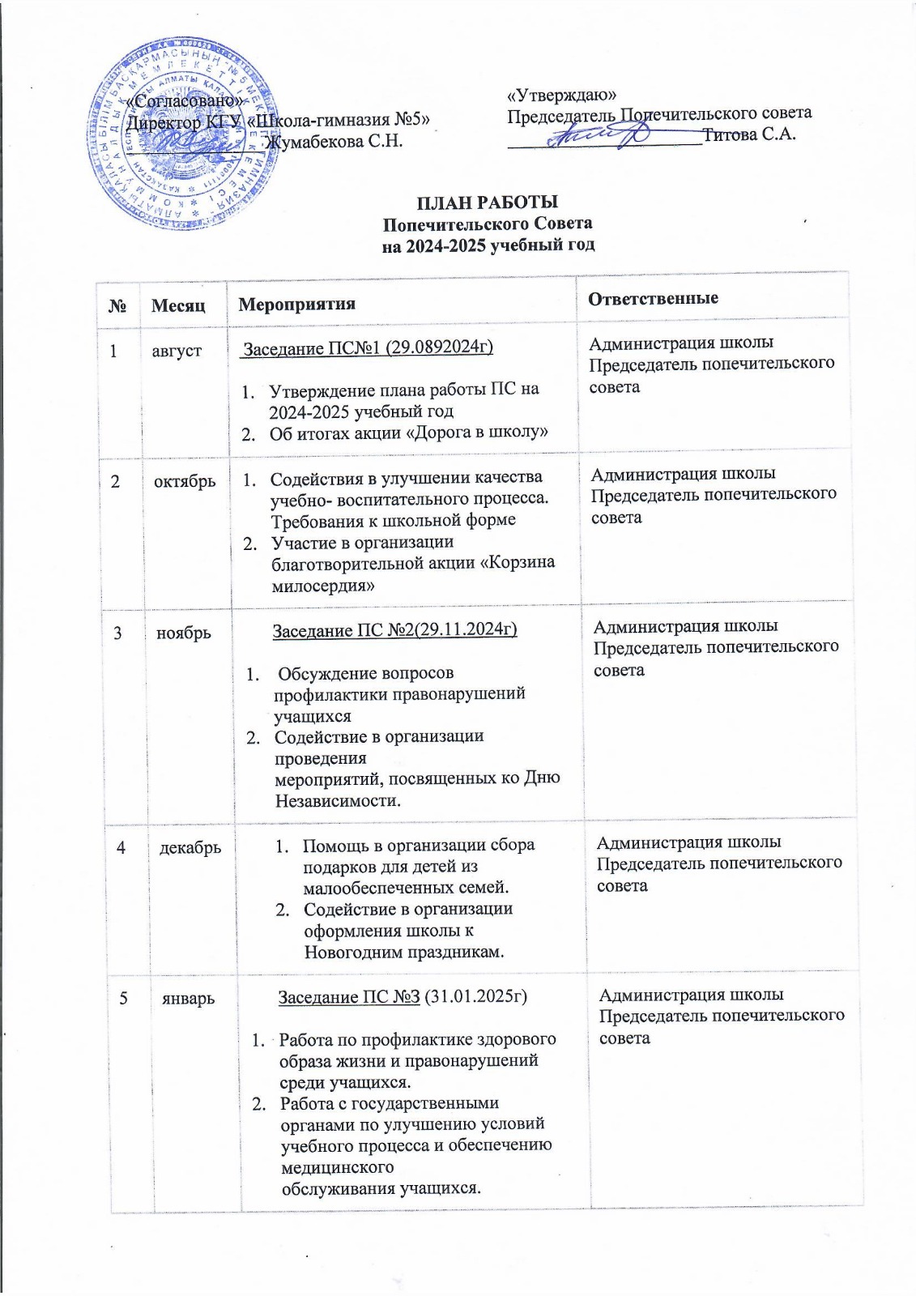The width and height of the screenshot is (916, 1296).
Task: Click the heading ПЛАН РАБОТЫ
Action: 488,202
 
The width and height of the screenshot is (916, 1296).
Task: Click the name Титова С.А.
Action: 749,134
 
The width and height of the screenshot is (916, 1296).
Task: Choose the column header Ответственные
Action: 654,298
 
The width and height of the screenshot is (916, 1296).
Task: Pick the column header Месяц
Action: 178,305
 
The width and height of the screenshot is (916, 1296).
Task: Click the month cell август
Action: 177,351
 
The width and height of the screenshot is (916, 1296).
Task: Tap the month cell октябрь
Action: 185,480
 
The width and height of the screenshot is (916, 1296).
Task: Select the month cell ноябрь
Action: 184,633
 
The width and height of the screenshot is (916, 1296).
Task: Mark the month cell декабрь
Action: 190,847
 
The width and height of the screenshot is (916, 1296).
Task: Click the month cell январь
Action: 189,998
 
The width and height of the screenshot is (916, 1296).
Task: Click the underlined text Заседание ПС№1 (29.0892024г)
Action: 369,347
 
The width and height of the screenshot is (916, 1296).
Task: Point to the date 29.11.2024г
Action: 472,629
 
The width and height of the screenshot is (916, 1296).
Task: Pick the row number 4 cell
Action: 121,846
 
